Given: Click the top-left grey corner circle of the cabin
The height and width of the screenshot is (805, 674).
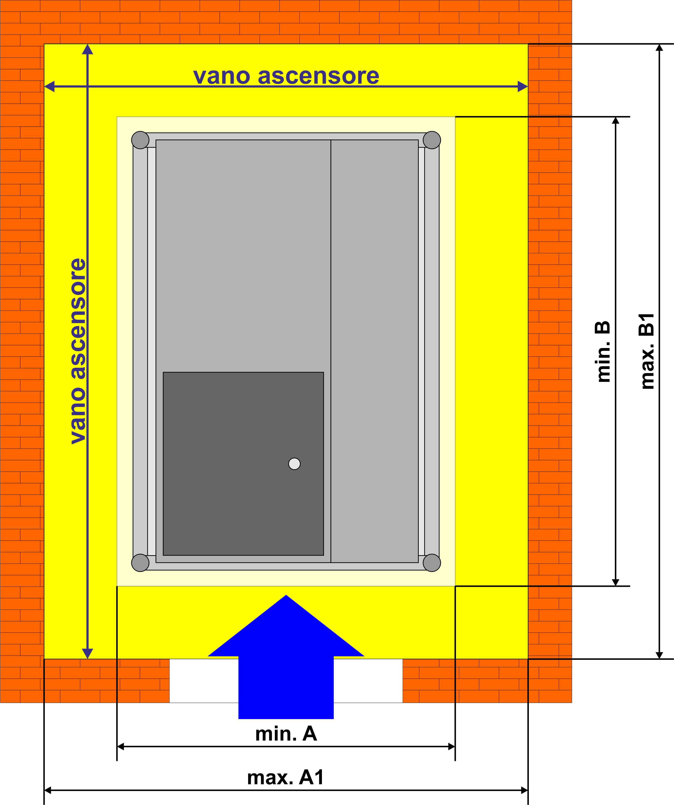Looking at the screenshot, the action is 140,140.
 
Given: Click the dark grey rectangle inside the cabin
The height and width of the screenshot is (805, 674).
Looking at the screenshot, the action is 243,463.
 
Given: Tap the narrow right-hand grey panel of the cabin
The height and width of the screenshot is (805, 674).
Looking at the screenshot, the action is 375,351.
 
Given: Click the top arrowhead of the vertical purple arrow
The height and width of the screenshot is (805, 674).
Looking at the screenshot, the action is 88,49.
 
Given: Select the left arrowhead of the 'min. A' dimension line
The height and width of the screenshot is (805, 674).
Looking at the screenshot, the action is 121,746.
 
